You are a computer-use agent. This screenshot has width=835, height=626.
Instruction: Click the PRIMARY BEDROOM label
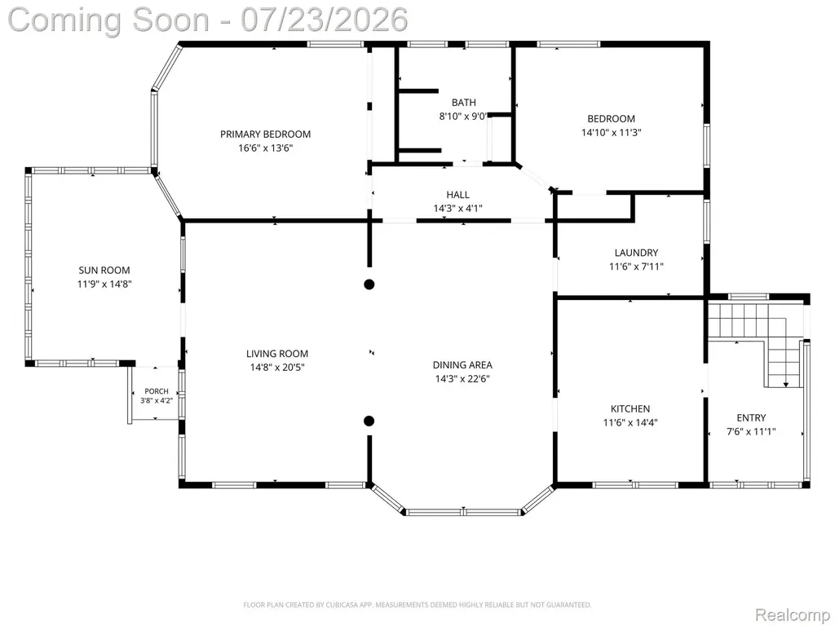click(265, 134)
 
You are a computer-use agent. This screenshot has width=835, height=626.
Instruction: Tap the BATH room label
click(464, 102)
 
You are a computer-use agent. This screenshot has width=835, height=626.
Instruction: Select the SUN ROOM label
click(104, 271)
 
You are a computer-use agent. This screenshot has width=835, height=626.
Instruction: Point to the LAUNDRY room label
click(636, 253)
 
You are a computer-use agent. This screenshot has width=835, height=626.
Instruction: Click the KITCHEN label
click(630, 409)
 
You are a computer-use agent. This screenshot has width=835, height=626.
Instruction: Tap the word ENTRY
click(751, 418)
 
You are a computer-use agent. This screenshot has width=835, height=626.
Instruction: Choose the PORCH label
click(157, 391)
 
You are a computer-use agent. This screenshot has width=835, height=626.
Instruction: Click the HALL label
click(458, 195)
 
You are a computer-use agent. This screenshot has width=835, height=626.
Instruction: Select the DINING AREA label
click(462, 365)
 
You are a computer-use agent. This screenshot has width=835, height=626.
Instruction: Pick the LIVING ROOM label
click(277, 354)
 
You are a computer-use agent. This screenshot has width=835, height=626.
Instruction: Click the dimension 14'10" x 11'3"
click(612, 133)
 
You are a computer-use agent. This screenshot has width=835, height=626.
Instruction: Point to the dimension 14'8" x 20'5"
click(277, 368)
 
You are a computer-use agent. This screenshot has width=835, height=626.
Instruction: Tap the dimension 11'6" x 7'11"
click(636, 267)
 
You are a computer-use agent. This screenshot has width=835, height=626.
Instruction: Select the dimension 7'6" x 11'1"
click(751, 432)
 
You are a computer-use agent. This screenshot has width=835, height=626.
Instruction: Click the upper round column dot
click(369, 284)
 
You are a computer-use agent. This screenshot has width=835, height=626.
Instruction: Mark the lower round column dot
click(369, 421)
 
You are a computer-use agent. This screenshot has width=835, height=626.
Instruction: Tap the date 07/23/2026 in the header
click(325, 20)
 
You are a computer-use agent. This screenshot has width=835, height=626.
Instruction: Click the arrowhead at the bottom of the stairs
click(785, 385)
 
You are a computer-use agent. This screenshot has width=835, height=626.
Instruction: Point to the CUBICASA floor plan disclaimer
click(417, 605)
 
